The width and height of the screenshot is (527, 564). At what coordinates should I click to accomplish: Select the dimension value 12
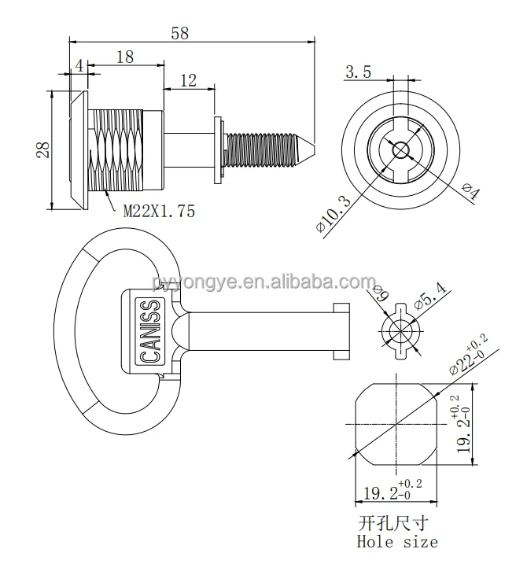coord(189,79)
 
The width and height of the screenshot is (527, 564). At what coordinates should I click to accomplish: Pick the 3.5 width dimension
coord(359,72)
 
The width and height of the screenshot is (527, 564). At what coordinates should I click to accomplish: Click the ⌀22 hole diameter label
coord(469,352)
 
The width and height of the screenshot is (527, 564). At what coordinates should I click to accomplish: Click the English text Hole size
coord(397,541)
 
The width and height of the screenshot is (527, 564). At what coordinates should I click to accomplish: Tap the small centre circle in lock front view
coord(400,147)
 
